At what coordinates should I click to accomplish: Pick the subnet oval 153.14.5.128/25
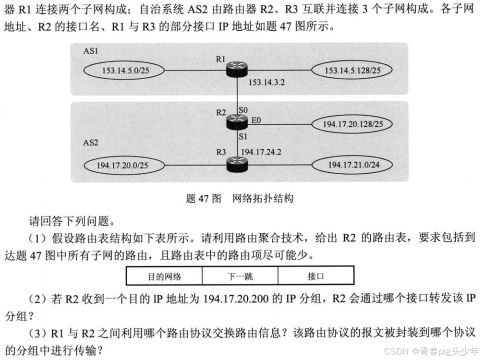tap(352, 70)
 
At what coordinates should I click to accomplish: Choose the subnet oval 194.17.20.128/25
tap(352, 124)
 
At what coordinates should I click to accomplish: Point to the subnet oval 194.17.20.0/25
tap(123, 165)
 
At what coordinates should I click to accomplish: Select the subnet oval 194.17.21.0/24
tap(352, 165)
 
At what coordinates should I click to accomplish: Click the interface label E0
tap(255, 120)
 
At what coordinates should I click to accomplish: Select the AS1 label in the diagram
tap(90, 50)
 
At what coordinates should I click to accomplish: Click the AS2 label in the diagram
tap(90, 142)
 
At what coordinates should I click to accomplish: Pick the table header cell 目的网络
tap(164, 276)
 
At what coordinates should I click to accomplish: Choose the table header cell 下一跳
tap(240, 276)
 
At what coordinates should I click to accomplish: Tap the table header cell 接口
tap(315, 276)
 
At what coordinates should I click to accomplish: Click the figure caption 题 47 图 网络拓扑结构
tap(239, 198)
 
